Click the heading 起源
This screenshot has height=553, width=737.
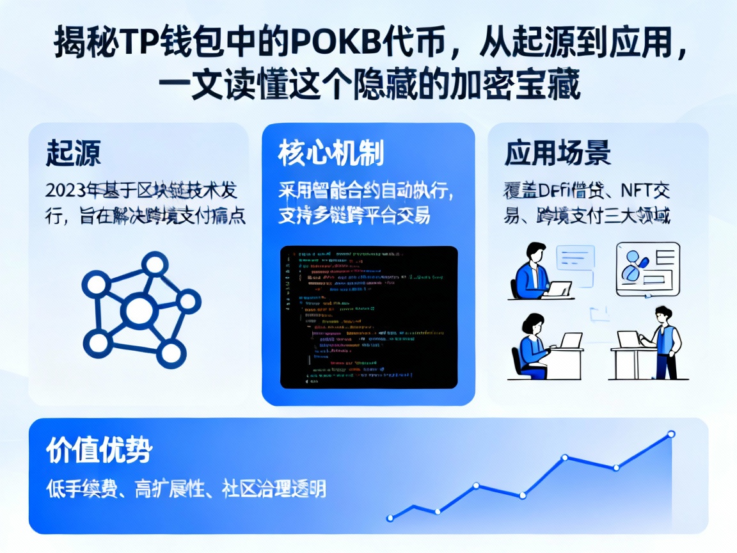73,154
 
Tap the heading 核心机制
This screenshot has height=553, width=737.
331,154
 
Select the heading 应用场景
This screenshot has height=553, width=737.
557,154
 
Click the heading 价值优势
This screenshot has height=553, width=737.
99,451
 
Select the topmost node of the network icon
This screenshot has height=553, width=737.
154,263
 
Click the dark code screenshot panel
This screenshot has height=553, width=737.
369,317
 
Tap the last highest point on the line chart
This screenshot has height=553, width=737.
671,434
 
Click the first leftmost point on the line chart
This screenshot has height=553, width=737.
390,517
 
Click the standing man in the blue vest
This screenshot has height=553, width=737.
664,342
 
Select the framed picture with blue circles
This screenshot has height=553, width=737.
647,269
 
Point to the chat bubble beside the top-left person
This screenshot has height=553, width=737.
575,259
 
